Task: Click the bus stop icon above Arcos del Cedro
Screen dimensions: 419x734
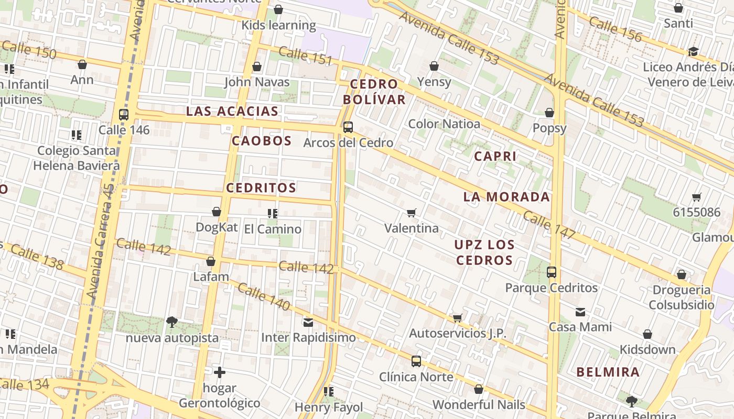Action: [348, 127]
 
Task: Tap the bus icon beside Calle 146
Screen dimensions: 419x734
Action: [123, 114]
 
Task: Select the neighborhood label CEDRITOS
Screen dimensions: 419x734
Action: [261, 188]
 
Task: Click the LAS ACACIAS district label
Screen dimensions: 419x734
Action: [232, 111]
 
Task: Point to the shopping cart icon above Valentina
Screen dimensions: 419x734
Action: [412, 213]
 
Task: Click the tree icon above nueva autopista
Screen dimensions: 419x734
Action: [171, 322]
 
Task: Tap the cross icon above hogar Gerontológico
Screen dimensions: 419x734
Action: [220, 372]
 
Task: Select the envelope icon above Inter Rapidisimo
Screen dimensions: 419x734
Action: [308, 322]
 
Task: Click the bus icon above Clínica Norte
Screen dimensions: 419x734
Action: [416, 361]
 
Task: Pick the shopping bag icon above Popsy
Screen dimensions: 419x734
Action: [549, 113]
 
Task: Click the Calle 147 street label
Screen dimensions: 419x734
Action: [549, 225]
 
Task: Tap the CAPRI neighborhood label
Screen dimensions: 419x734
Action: [495, 156]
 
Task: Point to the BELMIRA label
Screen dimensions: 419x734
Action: [608, 372]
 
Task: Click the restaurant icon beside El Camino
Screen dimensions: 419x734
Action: [272, 213]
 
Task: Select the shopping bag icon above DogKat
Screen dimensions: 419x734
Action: [216, 212]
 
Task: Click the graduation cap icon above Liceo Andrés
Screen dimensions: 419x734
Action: [693, 51]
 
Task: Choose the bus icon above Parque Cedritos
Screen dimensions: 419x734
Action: [551, 272]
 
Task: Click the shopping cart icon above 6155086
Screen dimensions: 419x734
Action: [696, 197]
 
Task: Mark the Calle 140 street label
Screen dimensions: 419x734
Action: [264, 296]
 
